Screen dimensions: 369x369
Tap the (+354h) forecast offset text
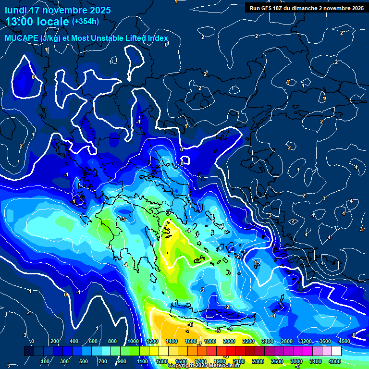(85, 22)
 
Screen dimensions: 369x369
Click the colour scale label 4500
(344, 341)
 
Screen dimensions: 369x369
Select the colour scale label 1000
(133, 341)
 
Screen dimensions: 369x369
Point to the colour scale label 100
(45, 361)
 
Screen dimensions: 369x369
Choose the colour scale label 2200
(248, 341)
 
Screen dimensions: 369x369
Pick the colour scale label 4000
(335, 361)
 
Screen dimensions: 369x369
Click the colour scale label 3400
(316, 361)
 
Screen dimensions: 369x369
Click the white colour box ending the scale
(336, 351)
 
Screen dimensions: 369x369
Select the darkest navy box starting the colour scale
(29, 351)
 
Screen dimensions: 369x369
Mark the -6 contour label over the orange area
(190, 325)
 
